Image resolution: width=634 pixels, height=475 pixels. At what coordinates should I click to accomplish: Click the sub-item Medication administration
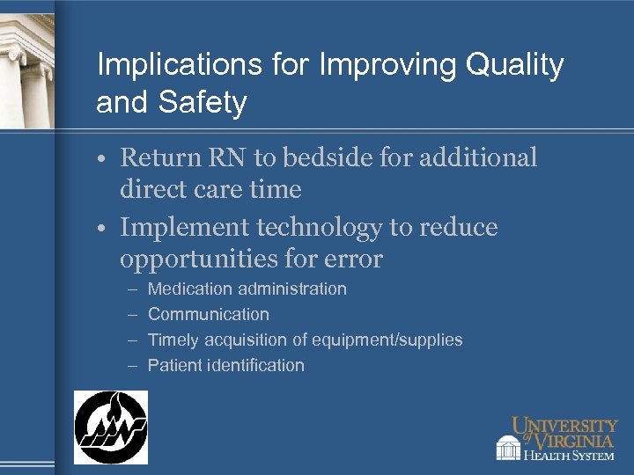coord(247,289)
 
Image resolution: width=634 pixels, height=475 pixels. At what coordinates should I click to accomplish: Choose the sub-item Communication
coord(209,314)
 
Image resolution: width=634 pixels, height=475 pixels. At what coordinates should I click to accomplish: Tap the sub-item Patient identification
coord(226,365)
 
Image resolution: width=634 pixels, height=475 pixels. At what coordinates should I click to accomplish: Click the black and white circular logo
coord(111,427)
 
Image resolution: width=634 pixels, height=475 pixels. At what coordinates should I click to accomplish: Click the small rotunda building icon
coord(508,448)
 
